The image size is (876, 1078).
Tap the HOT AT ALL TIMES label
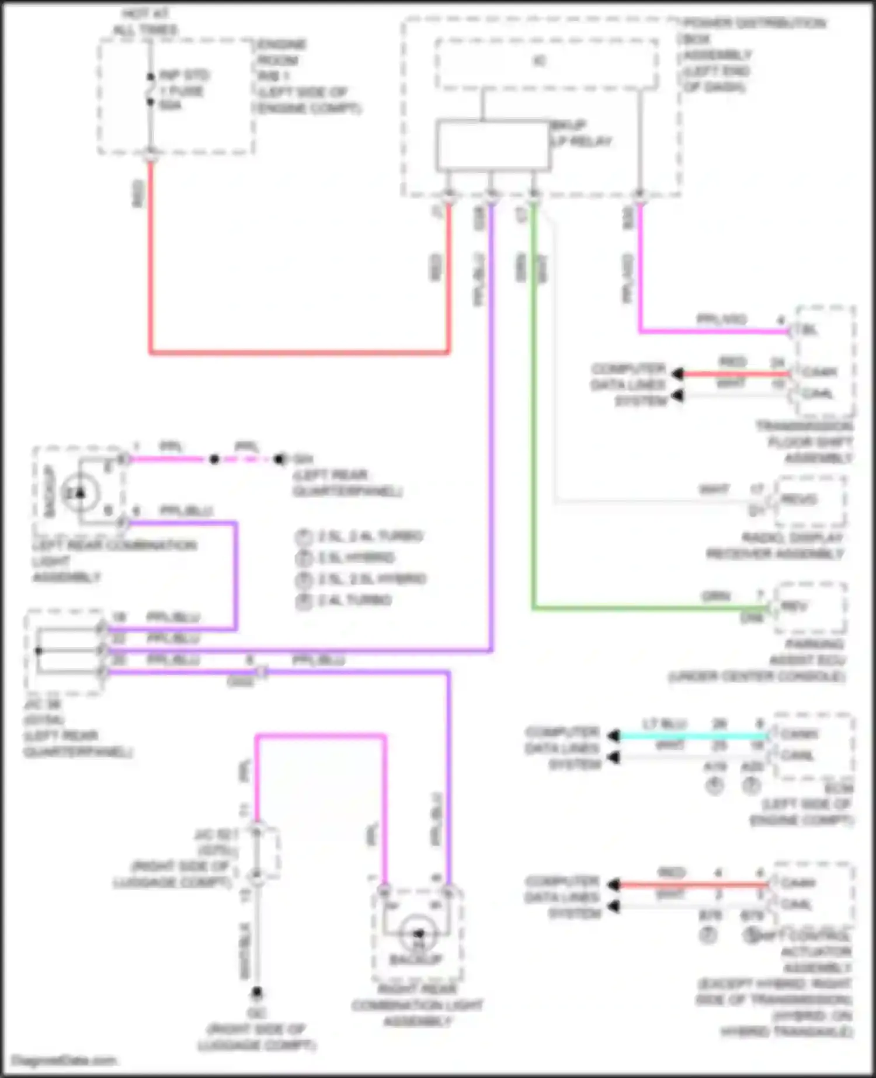pos(145,22)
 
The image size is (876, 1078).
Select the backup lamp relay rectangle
pos(492,146)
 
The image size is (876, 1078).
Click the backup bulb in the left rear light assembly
pos(80,493)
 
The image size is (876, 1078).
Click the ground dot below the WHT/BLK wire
pos(256,992)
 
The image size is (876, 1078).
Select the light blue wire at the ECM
pos(692,736)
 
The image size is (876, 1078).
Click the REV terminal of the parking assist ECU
pos(794,607)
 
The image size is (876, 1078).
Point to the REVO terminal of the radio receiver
pos(798,500)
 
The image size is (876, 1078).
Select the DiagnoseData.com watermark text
pos(64,1060)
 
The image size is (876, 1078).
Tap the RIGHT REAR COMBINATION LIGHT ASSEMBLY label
pos(417,1005)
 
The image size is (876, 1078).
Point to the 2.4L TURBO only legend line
pos(353,600)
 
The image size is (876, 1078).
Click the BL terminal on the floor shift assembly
pos(809,331)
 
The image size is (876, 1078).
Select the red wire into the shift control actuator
pos(692,885)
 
